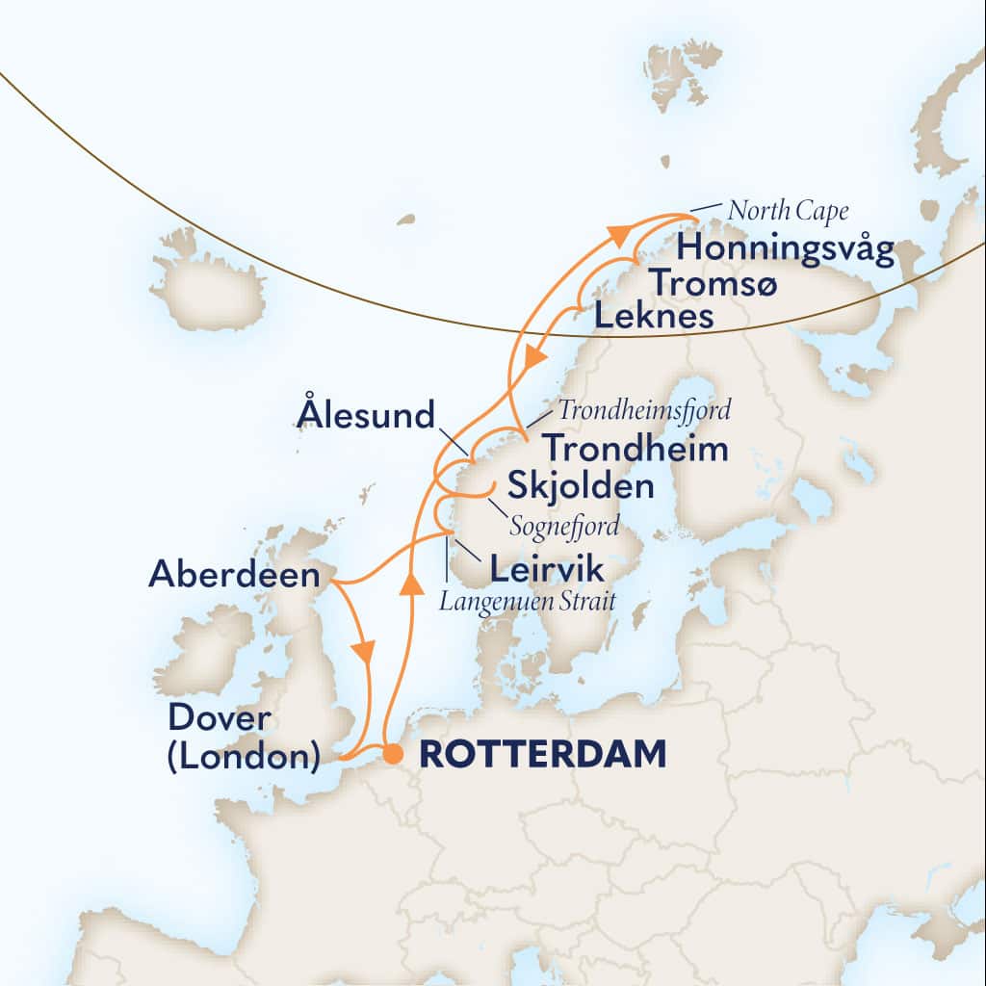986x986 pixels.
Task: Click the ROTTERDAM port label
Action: [543, 755]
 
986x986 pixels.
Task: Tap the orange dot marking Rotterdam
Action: [393, 755]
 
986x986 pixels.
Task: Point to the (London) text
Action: [244, 757]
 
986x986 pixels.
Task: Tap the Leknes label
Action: [654, 316]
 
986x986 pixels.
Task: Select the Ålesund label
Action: [366, 417]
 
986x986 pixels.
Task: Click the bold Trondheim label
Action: [635, 450]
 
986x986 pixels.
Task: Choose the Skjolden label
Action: [574, 487]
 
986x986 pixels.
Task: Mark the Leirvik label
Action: [547, 570]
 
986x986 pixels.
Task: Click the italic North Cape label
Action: [789, 209]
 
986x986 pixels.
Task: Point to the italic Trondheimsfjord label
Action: [642, 410]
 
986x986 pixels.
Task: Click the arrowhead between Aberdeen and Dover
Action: [364, 652]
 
